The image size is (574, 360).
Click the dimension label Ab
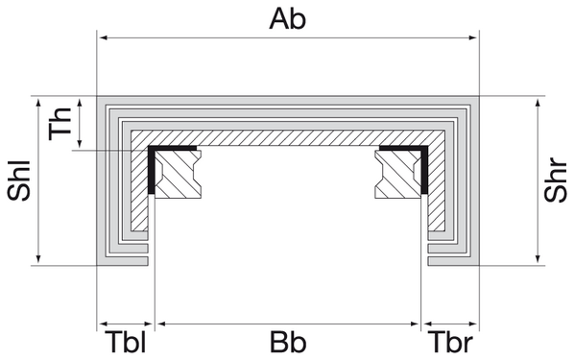tap(288, 17)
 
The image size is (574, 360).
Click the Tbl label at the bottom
tap(125, 343)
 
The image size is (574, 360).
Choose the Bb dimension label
tap(288, 343)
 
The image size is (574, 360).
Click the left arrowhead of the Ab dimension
tap(104, 38)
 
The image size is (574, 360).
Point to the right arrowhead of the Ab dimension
tap(472, 38)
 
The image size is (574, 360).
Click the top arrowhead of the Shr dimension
tap(537, 101)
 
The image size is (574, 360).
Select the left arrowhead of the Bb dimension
tap(159, 321)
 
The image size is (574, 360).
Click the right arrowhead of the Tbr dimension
tap(472, 321)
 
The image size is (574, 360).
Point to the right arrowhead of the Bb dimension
tap(417, 321)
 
